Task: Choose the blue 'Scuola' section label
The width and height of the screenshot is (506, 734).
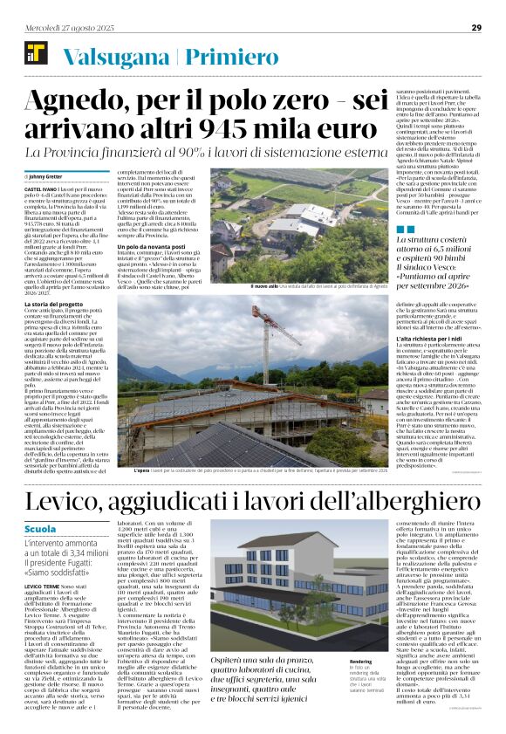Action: (43, 529)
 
